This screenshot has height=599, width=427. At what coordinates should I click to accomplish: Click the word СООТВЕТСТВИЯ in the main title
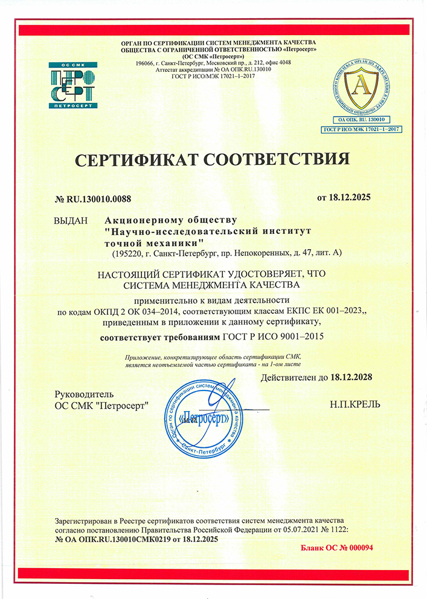pos(277,160)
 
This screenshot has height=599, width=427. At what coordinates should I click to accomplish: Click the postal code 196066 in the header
pos(146,62)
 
